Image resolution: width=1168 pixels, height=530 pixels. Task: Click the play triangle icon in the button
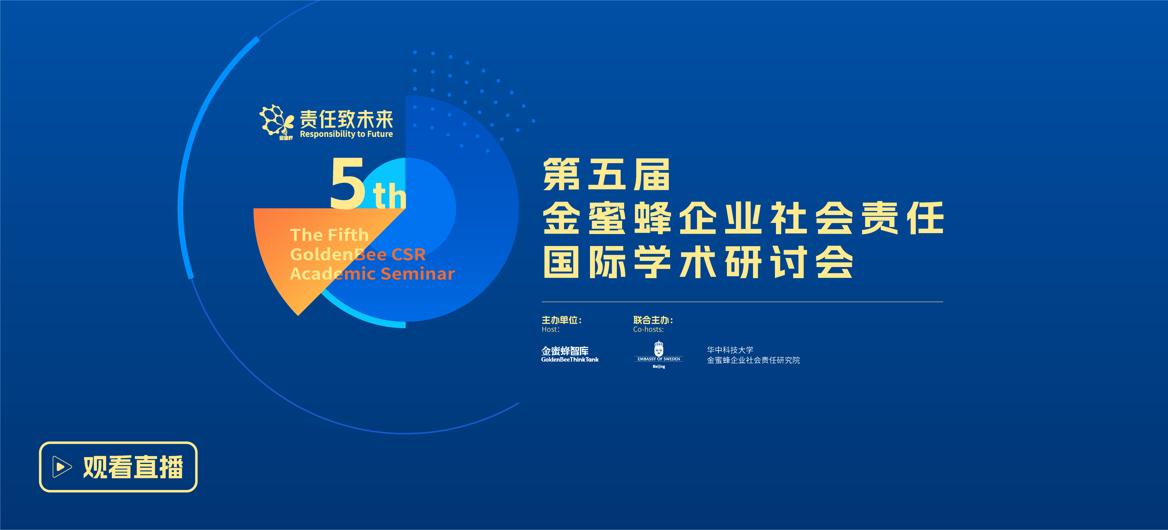click(x=62, y=467)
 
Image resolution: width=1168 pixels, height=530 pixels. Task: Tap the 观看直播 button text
click(x=133, y=467)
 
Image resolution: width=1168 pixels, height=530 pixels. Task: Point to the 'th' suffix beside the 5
click(x=389, y=195)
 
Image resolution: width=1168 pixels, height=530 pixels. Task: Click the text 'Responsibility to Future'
click(x=347, y=134)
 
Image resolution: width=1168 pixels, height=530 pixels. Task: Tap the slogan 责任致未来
click(x=347, y=119)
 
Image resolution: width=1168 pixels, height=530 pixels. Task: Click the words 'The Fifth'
click(x=329, y=235)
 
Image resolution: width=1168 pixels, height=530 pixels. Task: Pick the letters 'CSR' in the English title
click(x=408, y=254)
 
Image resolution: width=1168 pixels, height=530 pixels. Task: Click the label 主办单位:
click(x=561, y=320)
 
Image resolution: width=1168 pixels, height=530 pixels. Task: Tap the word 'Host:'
click(x=551, y=330)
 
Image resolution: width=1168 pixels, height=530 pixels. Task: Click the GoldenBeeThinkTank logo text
click(x=570, y=354)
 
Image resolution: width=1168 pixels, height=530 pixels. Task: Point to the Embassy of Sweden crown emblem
click(x=659, y=349)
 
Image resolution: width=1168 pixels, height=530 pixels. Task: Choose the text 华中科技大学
click(x=730, y=350)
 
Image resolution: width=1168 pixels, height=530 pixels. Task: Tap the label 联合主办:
click(x=653, y=320)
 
